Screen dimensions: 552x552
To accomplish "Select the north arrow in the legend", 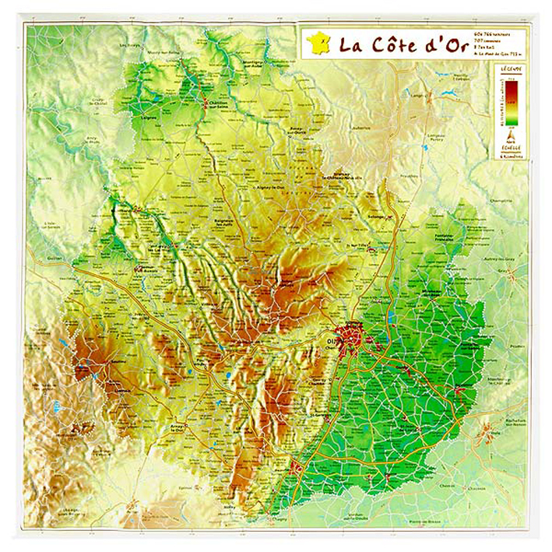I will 512,135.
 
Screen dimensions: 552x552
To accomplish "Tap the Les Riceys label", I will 130,46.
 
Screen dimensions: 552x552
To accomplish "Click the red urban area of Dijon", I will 356,336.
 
